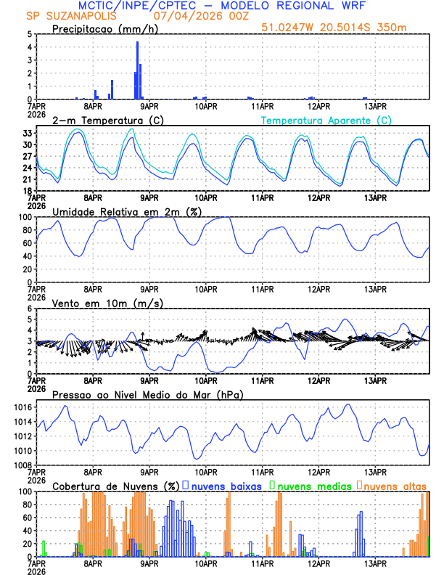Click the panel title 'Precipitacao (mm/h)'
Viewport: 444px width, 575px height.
tap(103, 29)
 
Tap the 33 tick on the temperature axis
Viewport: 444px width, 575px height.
tap(28, 134)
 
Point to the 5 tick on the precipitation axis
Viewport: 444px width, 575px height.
tap(30, 34)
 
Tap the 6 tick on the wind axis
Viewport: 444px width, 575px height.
tap(30, 309)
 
